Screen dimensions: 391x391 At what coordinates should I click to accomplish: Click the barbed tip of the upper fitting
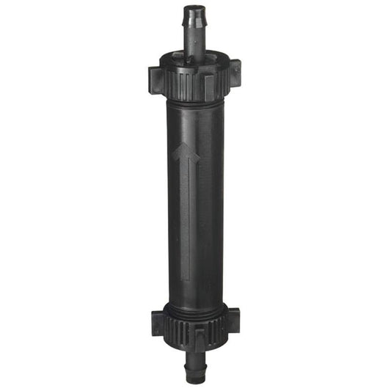(x=193, y=18)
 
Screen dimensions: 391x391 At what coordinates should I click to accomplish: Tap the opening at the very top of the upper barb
(x=193, y=8)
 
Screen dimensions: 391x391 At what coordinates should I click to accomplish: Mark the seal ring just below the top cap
(x=193, y=101)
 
